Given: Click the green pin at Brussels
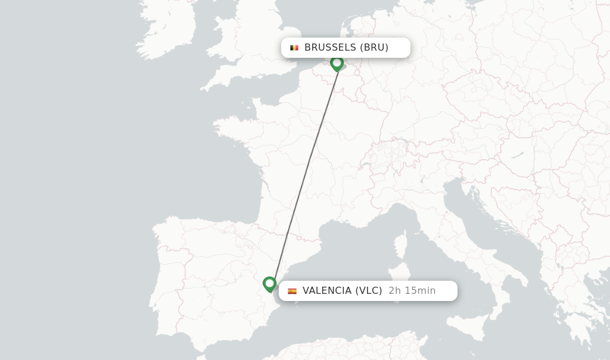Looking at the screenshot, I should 337,63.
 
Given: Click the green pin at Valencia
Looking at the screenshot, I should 269,284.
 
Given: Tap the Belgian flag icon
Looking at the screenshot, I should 294,48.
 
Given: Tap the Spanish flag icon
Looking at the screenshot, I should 292,291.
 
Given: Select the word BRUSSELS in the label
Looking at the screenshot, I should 330,48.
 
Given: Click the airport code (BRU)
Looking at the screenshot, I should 374,48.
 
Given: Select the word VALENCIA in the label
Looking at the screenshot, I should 327,291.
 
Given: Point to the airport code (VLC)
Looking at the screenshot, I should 369,291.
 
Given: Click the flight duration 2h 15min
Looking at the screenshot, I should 412,291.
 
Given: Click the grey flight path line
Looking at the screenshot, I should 304,173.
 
